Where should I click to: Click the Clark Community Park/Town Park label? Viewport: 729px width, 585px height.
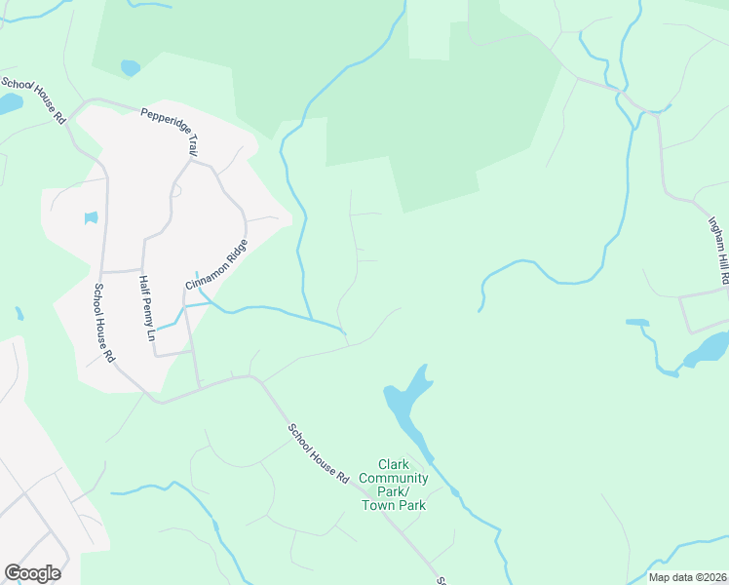pos(394,485)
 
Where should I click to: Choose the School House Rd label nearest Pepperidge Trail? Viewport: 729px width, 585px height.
pos(33,100)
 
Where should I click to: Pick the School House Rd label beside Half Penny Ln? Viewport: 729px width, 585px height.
pos(103,323)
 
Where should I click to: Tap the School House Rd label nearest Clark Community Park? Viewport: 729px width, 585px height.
pos(318,454)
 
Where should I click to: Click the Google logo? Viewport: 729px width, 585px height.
pos(32,573)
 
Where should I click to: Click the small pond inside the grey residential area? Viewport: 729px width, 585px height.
pos(92,218)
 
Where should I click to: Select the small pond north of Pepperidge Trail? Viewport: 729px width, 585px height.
pos(130,67)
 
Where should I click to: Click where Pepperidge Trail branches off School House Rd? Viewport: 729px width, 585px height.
pos(91,101)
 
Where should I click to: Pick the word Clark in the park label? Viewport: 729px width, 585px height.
pos(394,465)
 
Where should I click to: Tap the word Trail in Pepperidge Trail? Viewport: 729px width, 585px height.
pos(191,143)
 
